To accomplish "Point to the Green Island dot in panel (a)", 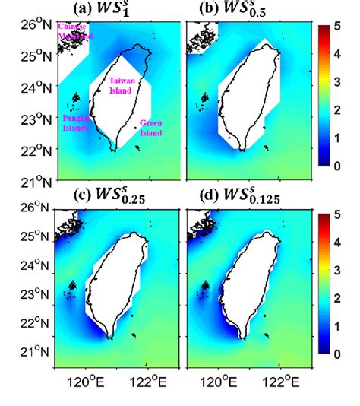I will (x=137, y=128).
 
